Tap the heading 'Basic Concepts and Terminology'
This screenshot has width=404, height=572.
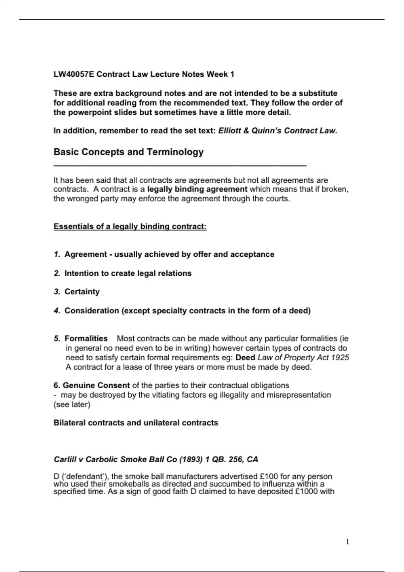[x=128, y=152]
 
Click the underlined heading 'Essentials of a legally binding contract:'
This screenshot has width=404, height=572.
[x=130, y=226]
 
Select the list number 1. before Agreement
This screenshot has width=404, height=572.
[x=57, y=254]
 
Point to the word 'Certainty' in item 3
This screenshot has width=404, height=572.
[x=82, y=292]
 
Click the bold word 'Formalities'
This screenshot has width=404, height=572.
[x=86, y=338]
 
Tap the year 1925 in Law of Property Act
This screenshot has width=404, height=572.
[x=340, y=357]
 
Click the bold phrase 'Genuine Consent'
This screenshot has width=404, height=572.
[x=96, y=385]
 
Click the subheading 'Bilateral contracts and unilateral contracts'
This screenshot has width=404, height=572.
[x=136, y=423]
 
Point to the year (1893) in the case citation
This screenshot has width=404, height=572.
[x=191, y=459]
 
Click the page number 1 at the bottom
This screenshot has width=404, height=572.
[x=347, y=542]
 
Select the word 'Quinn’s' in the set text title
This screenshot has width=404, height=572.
[x=266, y=131]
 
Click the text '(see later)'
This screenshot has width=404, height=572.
[x=72, y=404]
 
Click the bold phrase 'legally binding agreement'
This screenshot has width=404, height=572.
[x=197, y=189]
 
